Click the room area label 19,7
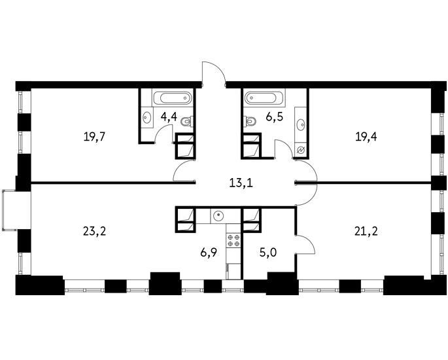point(95,137)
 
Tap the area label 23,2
point(95,231)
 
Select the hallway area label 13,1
point(241,183)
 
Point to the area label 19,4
point(366,137)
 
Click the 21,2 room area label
point(366,231)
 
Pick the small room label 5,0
point(269,253)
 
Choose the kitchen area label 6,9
point(209,253)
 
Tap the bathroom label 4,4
point(169,117)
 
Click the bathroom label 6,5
point(274,117)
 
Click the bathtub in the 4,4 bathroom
point(173,98)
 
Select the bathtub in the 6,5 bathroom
point(264,98)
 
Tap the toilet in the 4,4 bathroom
point(187,122)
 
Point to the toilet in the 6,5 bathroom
point(249,121)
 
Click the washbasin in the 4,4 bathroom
point(147,117)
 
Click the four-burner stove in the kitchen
point(233,240)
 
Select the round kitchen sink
point(218,215)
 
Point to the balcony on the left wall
point(9,210)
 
